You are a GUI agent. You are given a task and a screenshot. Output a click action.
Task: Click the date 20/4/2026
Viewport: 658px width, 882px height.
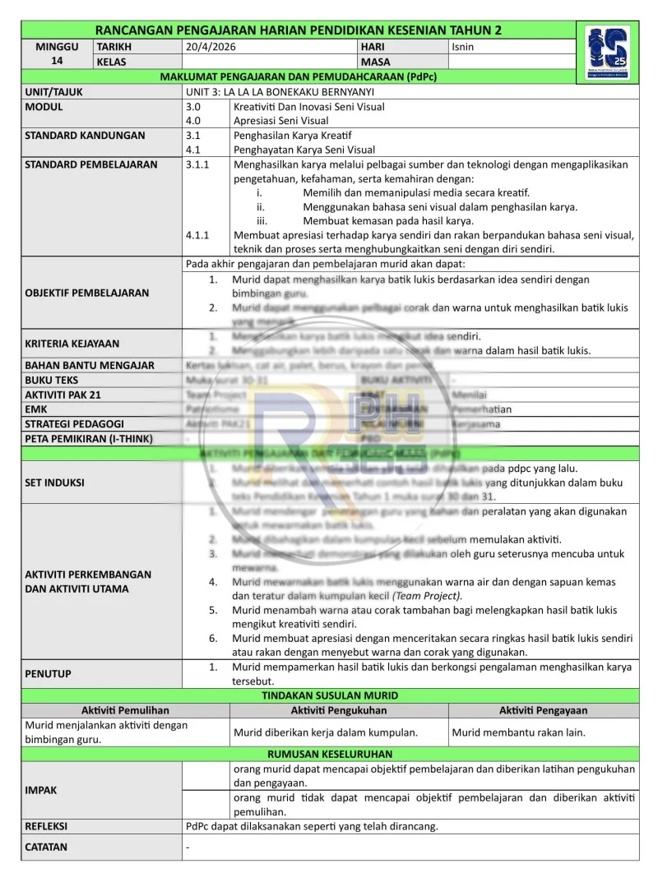[x=211, y=47]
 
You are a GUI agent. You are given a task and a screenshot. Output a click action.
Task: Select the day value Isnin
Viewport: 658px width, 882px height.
[x=463, y=47]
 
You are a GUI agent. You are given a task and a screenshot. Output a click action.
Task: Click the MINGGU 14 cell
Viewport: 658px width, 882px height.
[x=57, y=54]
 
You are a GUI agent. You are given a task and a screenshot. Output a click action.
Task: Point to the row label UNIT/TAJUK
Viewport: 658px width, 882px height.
[x=53, y=93]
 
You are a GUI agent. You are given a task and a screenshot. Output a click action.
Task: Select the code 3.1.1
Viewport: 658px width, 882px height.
[x=197, y=164]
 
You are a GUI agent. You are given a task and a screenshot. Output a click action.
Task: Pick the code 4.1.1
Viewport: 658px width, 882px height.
[x=197, y=235]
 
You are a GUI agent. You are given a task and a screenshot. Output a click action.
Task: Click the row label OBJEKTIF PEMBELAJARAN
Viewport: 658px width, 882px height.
[x=87, y=293]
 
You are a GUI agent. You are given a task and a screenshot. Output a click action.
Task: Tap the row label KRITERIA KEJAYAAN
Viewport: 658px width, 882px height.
[x=72, y=344]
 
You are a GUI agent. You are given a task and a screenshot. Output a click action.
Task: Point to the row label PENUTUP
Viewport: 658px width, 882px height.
[x=49, y=673]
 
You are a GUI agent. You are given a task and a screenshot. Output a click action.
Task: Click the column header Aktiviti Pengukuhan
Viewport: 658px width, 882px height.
[x=339, y=710]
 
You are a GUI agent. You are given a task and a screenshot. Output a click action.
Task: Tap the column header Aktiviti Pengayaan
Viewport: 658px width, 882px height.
[x=543, y=710]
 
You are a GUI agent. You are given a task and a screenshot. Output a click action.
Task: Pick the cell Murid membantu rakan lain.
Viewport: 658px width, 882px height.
[x=519, y=732]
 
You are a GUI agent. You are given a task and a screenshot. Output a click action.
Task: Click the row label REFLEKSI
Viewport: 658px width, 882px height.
[x=47, y=826]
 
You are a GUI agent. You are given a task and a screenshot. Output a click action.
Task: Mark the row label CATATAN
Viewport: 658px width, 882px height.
[x=47, y=847]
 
